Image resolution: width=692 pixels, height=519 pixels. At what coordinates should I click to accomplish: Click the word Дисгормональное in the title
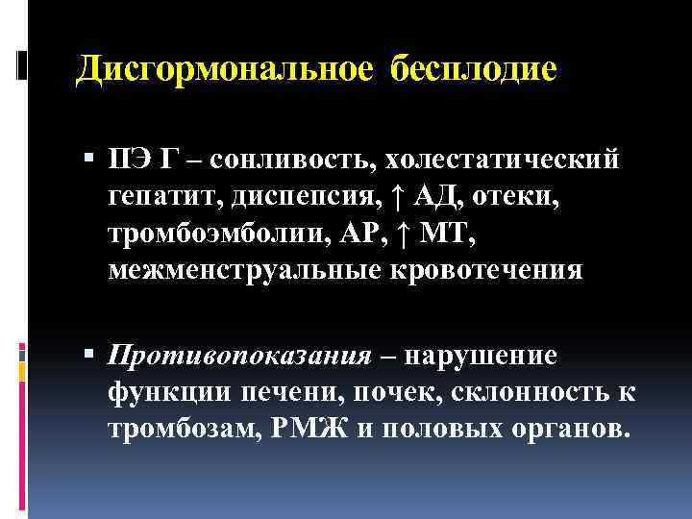(228, 69)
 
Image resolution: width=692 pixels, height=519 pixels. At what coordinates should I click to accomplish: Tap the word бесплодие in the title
(474, 69)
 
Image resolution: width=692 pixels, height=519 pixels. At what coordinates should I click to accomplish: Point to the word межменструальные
(245, 269)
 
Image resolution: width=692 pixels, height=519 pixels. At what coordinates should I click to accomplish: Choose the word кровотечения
(486, 269)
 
